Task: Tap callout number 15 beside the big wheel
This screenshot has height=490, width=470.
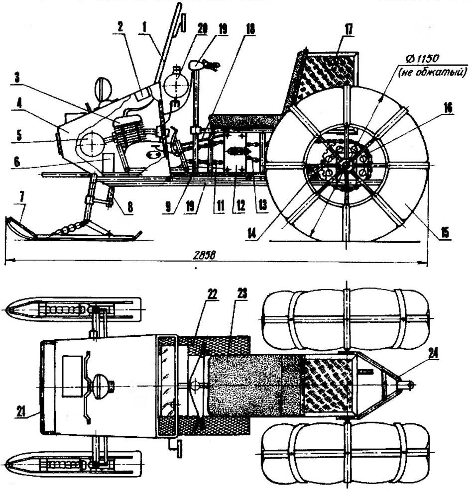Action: (444, 232)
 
